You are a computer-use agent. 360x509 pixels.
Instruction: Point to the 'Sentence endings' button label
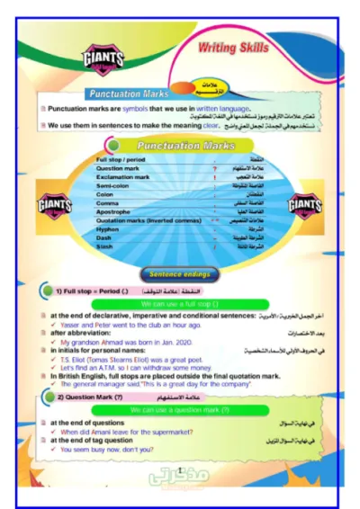coord(180,272)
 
